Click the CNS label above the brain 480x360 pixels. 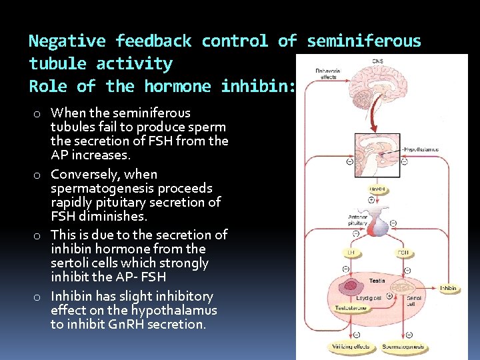(378, 61)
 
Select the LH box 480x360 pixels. (351, 253)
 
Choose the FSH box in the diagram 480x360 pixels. (404, 253)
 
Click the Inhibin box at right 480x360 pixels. (449, 288)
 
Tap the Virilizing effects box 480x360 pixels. (349, 347)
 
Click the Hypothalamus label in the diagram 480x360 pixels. (423, 149)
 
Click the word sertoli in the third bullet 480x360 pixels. (70, 263)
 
